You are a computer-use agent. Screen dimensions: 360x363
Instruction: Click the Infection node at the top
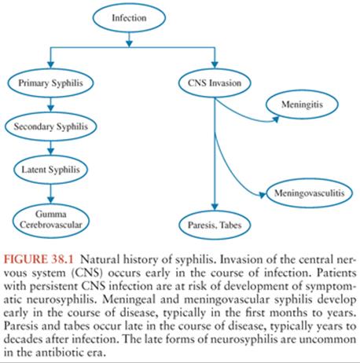[129, 18]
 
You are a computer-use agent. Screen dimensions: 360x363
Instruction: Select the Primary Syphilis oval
[50, 83]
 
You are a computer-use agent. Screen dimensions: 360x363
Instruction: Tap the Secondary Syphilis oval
[50, 126]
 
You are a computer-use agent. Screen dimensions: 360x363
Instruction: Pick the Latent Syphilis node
[50, 170]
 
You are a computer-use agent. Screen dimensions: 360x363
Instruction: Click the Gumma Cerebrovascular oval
[51, 219]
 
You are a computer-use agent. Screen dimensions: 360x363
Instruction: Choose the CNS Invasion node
[215, 83]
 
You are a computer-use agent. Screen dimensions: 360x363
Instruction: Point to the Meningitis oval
[302, 104]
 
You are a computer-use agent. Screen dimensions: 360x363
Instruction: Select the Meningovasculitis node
[309, 193]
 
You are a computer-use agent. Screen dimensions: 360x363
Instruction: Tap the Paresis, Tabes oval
[215, 225]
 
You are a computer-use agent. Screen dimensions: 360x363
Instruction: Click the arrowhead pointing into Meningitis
[276, 119]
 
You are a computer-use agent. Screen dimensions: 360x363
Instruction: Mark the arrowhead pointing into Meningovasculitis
[263, 195]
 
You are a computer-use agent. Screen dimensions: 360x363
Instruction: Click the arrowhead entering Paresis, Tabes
[215, 207]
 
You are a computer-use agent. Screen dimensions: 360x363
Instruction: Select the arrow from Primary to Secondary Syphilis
[51, 104]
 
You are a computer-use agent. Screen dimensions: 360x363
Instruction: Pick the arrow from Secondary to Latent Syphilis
[51, 148]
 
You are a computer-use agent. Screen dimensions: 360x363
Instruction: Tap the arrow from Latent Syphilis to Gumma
[51, 194]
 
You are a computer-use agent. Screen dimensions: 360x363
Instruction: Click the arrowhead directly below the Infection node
[129, 43]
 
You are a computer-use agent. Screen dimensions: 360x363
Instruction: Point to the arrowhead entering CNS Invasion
[215, 64]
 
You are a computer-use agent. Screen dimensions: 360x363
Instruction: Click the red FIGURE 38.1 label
[39, 259]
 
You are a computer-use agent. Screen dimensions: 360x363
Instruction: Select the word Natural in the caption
[100, 259]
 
